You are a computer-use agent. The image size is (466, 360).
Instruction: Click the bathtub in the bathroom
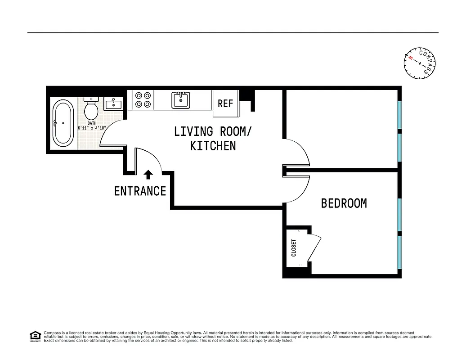click(63, 123)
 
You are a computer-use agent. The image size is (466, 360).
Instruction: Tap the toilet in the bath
click(91, 108)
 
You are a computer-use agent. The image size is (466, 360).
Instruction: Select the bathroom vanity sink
click(113, 104)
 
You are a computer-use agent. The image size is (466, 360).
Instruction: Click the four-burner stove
click(143, 100)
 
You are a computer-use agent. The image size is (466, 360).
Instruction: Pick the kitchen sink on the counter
click(181, 100)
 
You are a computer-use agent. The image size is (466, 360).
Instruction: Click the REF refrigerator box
click(225, 103)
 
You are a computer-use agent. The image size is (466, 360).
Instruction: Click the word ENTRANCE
click(140, 191)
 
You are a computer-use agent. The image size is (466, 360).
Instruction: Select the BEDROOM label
click(344, 203)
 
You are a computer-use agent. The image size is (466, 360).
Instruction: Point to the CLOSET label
click(294, 247)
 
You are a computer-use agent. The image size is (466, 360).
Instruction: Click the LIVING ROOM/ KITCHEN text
click(213, 139)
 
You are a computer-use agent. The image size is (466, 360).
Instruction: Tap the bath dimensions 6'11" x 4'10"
click(92, 128)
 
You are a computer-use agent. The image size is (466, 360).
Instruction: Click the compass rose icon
click(420, 63)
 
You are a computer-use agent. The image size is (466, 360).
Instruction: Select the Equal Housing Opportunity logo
click(35, 336)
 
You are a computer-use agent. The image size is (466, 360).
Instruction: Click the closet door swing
click(315, 247)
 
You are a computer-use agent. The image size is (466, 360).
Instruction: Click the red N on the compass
click(410, 58)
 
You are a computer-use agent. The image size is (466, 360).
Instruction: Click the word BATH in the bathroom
click(92, 123)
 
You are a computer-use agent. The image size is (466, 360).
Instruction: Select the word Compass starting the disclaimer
click(52, 333)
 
